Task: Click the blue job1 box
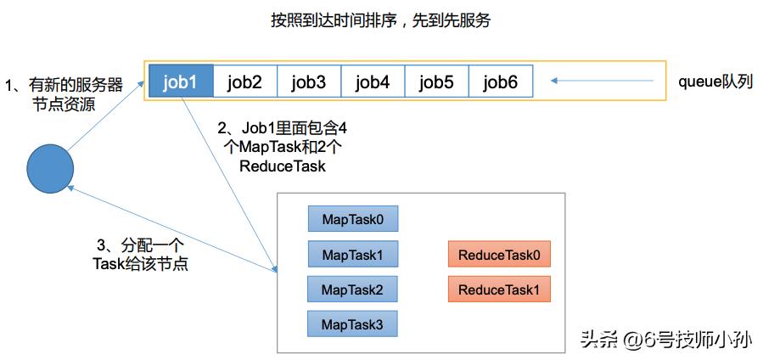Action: coord(181,82)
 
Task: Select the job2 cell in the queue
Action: coord(245,82)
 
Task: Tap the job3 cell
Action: coord(309,82)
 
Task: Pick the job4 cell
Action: coord(373,82)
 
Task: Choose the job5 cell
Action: coord(437,82)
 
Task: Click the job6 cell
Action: coord(501,82)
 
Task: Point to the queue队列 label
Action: coord(715,82)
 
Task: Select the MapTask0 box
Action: coord(353,219)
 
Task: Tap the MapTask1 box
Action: coord(353,254)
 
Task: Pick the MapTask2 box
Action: coord(353,290)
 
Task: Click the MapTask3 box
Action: coord(353,323)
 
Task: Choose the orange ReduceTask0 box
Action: coord(499,254)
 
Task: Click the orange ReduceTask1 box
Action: coord(499,290)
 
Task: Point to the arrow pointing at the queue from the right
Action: coord(603,82)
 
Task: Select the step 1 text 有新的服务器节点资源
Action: coord(64,94)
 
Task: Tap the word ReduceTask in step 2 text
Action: coord(283,166)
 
